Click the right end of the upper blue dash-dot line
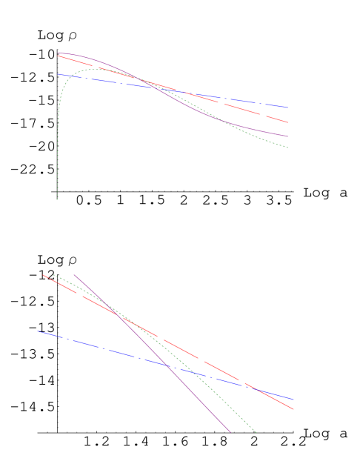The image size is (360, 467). pyautogui.click(x=288, y=107)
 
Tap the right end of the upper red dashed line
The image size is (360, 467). pyautogui.click(x=288, y=122)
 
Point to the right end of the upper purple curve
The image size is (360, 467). pyautogui.click(x=288, y=136)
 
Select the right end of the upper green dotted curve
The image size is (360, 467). pyautogui.click(x=288, y=148)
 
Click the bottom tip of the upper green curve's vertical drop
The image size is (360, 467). pyautogui.click(x=57, y=199)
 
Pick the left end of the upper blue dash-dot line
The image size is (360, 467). pyautogui.click(x=58, y=74)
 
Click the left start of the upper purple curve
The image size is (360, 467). pyautogui.click(x=58, y=53)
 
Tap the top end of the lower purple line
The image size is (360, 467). pyautogui.click(x=73, y=274)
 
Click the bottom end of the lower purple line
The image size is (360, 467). pyautogui.click(x=231, y=432)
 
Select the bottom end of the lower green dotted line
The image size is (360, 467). pyautogui.click(x=256, y=432)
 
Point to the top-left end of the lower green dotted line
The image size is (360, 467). pyautogui.click(x=52, y=275)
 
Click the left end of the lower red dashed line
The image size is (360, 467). pyautogui.click(x=42, y=274)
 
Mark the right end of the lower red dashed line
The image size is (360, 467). pyautogui.click(x=294, y=409)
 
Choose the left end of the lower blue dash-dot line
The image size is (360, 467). pyautogui.click(x=37, y=331)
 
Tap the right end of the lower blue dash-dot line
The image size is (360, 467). pyautogui.click(x=294, y=400)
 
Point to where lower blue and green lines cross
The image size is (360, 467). pyautogui.click(x=173, y=367)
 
